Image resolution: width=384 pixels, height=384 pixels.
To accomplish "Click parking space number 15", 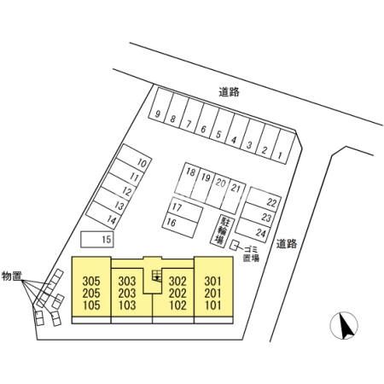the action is (x=97, y=239).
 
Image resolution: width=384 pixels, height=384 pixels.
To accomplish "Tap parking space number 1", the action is (x=283, y=147).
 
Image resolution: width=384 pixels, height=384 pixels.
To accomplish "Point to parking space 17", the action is (x=186, y=209).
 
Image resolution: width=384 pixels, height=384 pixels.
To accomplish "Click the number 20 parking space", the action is (x=218, y=189).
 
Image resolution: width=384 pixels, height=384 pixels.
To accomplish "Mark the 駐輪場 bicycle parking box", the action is (x=222, y=230).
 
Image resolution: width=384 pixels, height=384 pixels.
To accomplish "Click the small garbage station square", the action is (x=235, y=246).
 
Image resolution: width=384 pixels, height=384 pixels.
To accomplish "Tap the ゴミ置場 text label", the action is (x=251, y=253).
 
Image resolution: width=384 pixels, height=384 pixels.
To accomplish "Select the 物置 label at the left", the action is (x=12, y=276).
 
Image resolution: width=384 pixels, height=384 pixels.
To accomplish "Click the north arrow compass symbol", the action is (x=344, y=326).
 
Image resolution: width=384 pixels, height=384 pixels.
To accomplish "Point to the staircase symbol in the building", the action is (x=157, y=276).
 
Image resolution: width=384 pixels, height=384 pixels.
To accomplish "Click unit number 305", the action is (x=91, y=281).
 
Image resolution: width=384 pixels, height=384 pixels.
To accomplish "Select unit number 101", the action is (x=213, y=305).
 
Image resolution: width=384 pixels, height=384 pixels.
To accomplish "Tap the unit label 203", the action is (x=127, y=294).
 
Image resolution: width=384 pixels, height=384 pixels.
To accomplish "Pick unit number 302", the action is (x=177, y=281).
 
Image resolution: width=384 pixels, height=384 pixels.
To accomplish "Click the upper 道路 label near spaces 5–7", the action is (x=229, y=92).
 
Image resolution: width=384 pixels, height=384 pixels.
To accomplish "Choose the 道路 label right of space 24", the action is (x=287, y=244).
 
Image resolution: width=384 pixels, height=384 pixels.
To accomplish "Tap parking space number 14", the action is (x=105, y=215).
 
